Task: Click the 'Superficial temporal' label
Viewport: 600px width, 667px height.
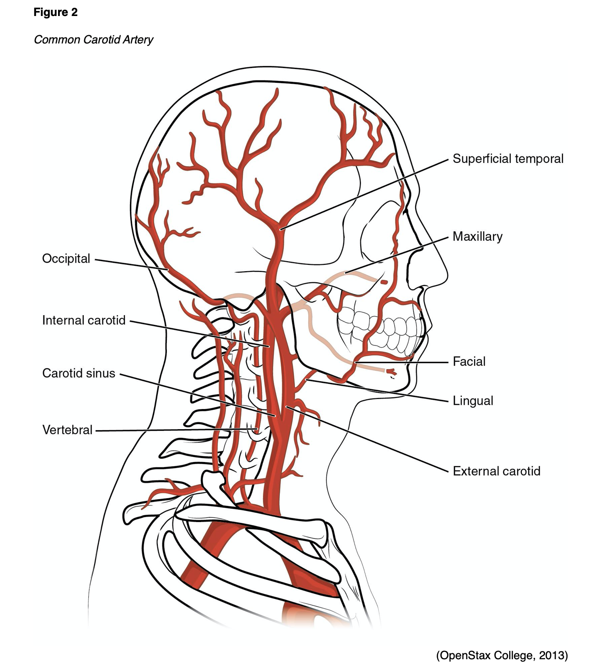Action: pos(508,159)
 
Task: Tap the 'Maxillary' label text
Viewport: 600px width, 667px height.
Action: pos(477,237)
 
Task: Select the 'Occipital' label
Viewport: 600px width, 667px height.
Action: pos(66,258)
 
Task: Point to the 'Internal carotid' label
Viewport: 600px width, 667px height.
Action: pos(84,320)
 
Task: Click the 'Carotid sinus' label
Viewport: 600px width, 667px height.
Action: pos(79,373)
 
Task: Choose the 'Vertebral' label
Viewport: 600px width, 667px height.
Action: pos(67,430)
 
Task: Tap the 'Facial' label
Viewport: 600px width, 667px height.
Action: pos(469,361)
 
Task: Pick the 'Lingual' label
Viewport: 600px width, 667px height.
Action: pos(473,401)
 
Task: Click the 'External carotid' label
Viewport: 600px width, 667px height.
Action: pos(496,471)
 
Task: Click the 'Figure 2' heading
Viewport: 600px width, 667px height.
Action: pos(55,12)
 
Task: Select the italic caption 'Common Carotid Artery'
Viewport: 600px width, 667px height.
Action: pos(93,40)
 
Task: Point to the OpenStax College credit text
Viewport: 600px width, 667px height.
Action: pos(502,656)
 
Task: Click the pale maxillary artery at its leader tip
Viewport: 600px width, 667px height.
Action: pos(346,274)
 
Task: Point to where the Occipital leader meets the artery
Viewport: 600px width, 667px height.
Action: pos(168,270)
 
